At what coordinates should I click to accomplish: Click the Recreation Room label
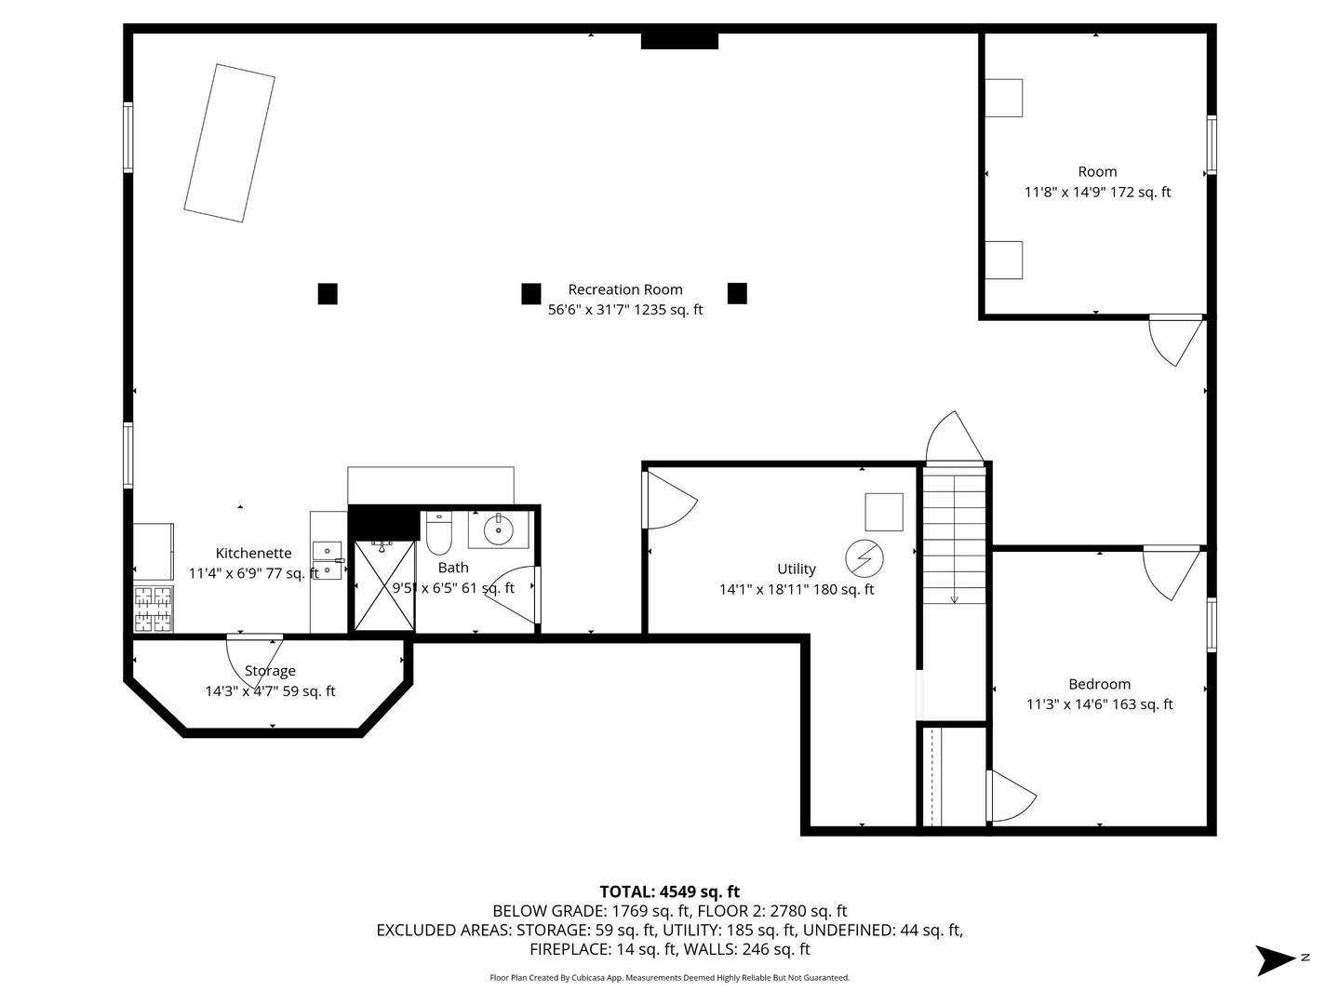[x=625, y=289]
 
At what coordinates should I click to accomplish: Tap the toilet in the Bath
[x=438, y=532]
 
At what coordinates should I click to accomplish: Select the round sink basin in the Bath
[x=498, y=529]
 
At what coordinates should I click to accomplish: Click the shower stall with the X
[x=384, y=586]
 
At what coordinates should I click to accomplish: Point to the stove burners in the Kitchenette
[x=154, y=609]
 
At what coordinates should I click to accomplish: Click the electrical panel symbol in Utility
[x=864, y=558]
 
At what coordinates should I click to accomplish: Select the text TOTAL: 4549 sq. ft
[x=670, y=891]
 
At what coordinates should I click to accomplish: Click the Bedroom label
[x=1100, y=684]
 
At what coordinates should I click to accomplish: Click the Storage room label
[x=270, y=671]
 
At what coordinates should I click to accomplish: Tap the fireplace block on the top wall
[x=679, y=41]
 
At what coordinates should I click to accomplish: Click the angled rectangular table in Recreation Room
[x=230, y=143]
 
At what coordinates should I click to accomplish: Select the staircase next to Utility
[x=954, y=535]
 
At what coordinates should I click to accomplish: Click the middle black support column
[x=531, y=293]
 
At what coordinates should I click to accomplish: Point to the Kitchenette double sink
[x=328, y=560]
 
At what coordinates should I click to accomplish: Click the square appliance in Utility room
[x=884, y=512]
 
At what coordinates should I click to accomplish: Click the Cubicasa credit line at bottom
[x=670, y=977]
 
